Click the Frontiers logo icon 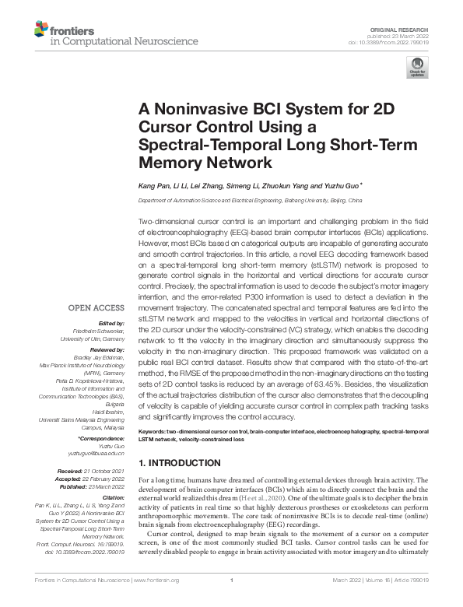41,30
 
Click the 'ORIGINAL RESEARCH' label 409,27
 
